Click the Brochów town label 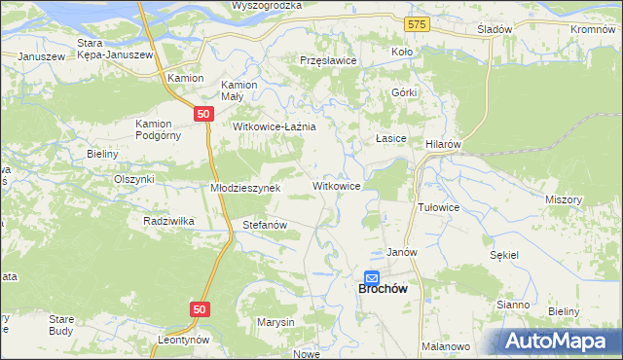374,289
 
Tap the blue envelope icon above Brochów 372,277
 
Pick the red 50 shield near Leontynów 200,308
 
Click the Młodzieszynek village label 246,188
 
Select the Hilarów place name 443,143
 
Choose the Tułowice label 438,208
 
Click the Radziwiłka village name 168,221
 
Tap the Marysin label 275,321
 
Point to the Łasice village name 390,139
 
